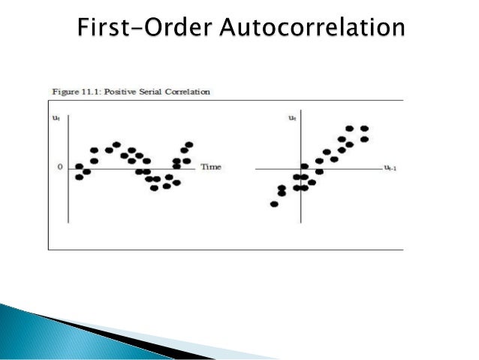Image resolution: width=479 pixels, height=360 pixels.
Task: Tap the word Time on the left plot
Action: coord(211,167)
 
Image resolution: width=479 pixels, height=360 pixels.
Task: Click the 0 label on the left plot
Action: coord(60,167)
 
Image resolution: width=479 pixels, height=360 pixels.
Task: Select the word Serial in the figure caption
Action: coord(154,92)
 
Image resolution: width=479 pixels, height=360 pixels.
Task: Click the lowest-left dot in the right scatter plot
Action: coord(274,204)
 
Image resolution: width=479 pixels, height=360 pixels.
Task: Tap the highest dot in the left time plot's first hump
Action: coord(116,144)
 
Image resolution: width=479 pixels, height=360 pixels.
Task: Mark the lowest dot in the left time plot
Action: coord(154,188)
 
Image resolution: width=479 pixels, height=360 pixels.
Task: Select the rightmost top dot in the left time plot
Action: coord(189,144)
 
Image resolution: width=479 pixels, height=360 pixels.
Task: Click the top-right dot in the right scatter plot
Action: coord(365,129)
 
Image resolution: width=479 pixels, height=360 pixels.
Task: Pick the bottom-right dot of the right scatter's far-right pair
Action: coord(365,139)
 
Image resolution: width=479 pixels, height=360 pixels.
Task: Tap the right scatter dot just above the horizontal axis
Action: coord(304,167)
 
